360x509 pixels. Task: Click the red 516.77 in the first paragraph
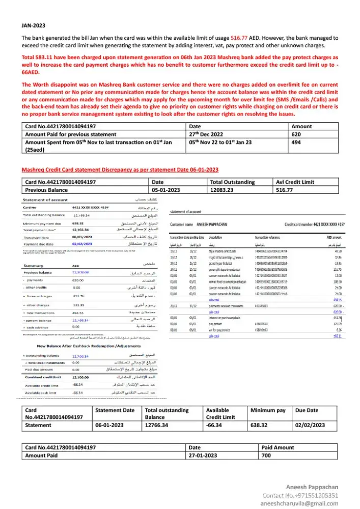[239, 38]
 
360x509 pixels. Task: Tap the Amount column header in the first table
[302, 126]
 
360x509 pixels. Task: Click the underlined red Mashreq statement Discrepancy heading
[120, 169]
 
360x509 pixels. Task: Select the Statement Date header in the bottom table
[115, 410]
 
